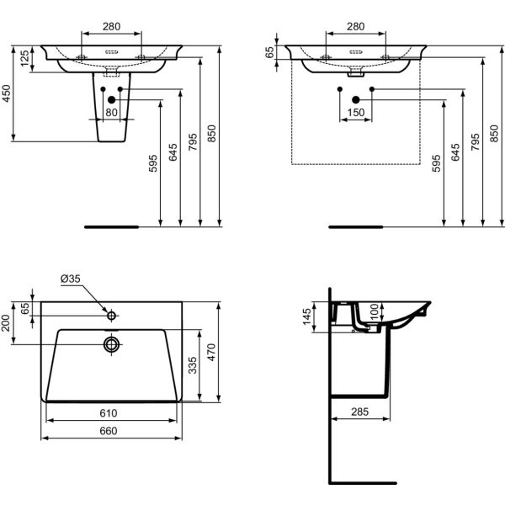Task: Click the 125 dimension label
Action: coord(24,58)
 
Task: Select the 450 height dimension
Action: coord(6,93)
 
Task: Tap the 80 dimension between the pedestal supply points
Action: coord(111,113)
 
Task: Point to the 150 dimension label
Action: coord(356,113)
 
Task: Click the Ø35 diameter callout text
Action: coord(70,279)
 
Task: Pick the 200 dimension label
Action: coord(6,323)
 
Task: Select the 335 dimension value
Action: coord(192,365)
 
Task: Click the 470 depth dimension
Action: coord(211,353)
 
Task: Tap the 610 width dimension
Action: coord(109,413)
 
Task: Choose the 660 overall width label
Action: coord(109,431)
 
